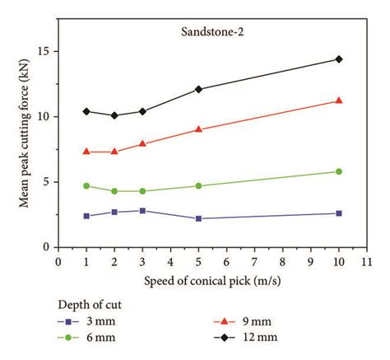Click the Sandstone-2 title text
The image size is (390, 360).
tap(211, 33)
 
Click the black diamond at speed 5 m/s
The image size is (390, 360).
tap(198, 89)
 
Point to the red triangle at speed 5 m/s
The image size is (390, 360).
tap(198, 129)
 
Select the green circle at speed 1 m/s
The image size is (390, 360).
tap(86, 186)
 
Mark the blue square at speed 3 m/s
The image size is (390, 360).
tap(142, 211)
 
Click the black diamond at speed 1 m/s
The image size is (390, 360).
tap(86, 111)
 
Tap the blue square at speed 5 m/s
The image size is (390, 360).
tap(198, 218)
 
